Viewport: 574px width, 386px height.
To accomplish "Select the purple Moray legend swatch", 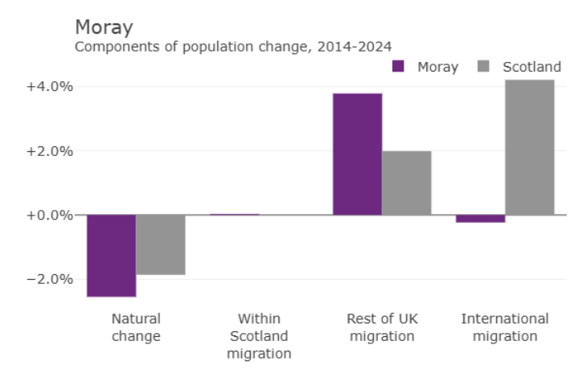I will coord(398,67).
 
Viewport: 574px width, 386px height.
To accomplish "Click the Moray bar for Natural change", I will coord(111,256).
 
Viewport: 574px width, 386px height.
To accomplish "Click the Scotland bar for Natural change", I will coord(161,244).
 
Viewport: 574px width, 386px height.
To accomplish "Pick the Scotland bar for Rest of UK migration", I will coord(407,183).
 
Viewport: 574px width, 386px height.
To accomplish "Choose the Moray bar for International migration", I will coord(481,219).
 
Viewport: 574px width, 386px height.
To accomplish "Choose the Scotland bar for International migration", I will coord(530,147).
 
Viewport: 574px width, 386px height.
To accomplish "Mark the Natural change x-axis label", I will coord(136,327).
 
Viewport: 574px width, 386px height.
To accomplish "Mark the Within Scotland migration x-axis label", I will coord(259,336).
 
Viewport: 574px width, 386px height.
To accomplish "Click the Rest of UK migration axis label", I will coord(382,327).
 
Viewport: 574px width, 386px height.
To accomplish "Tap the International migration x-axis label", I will coord(505,327).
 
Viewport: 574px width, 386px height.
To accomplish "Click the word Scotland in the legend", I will coord(531,67).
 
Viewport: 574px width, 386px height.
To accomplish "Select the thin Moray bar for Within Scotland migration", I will coord(235,215).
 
